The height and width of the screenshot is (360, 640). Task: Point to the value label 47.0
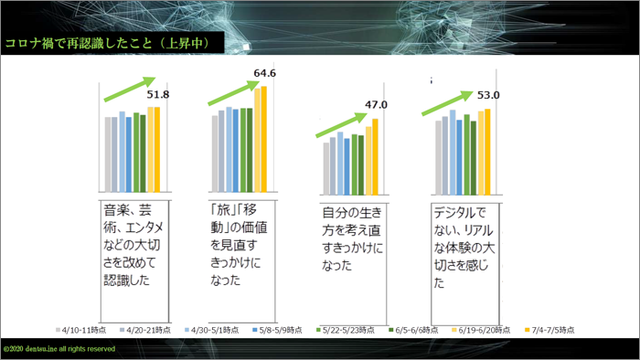point(376,105)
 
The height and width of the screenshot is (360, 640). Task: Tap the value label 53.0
point(488,94)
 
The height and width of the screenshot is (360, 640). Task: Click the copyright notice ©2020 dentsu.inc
point(59,349)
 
